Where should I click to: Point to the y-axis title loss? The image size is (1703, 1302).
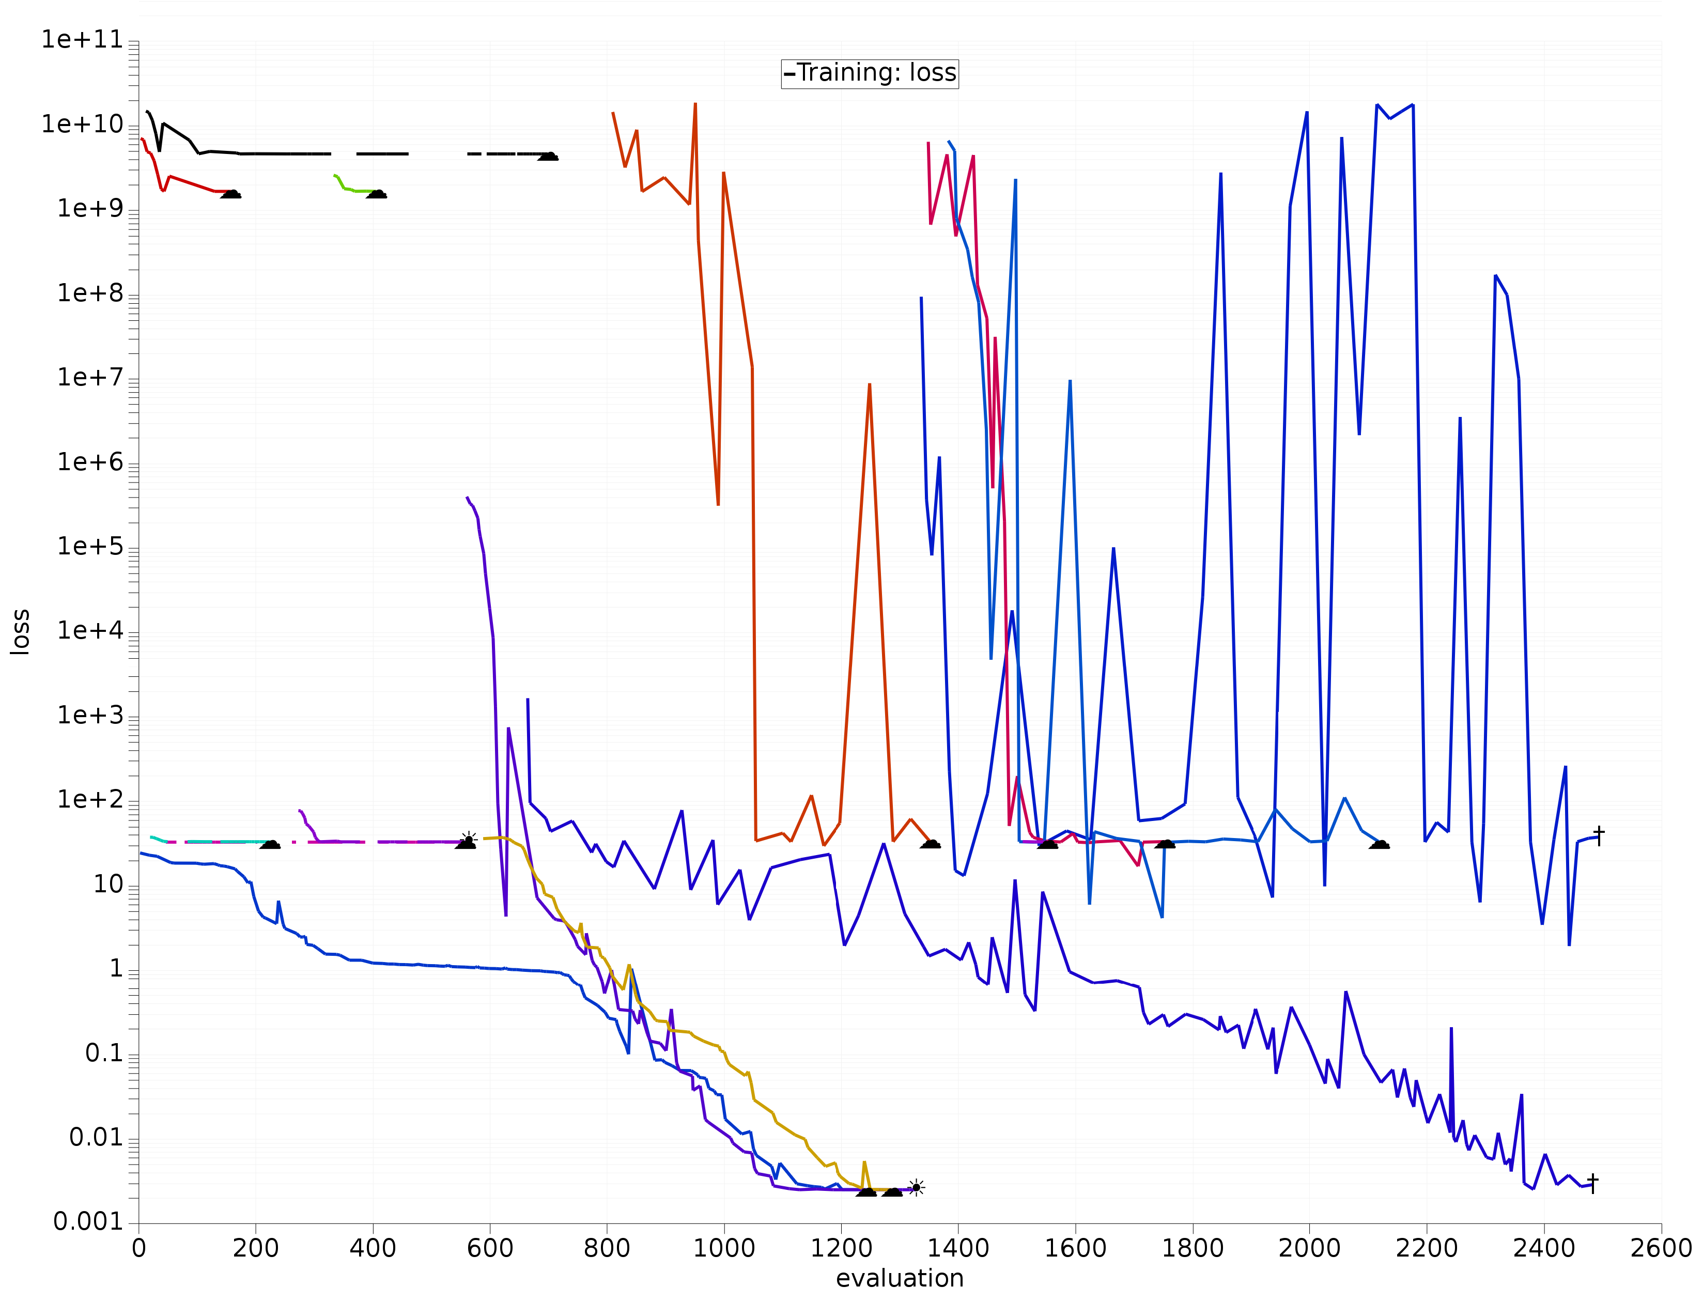20,631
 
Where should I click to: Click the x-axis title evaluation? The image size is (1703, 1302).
899,1278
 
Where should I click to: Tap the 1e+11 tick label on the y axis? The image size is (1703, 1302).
82,39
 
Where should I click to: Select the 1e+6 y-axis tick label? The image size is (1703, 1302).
90,463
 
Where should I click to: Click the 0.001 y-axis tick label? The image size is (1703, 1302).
88,1222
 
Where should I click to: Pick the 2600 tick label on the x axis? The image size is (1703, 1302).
1660,1248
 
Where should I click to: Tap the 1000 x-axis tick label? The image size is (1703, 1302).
723,1248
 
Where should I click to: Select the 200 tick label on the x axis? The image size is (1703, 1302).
256,1248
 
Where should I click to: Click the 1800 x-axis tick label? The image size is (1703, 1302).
1192,1248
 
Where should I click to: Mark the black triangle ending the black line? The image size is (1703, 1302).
548,157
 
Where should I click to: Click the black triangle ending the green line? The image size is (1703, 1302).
377,194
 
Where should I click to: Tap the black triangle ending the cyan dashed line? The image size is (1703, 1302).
270,844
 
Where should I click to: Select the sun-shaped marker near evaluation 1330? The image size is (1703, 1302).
916,1187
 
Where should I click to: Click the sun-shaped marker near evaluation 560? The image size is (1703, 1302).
468,839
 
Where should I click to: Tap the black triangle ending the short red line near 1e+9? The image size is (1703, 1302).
231,194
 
